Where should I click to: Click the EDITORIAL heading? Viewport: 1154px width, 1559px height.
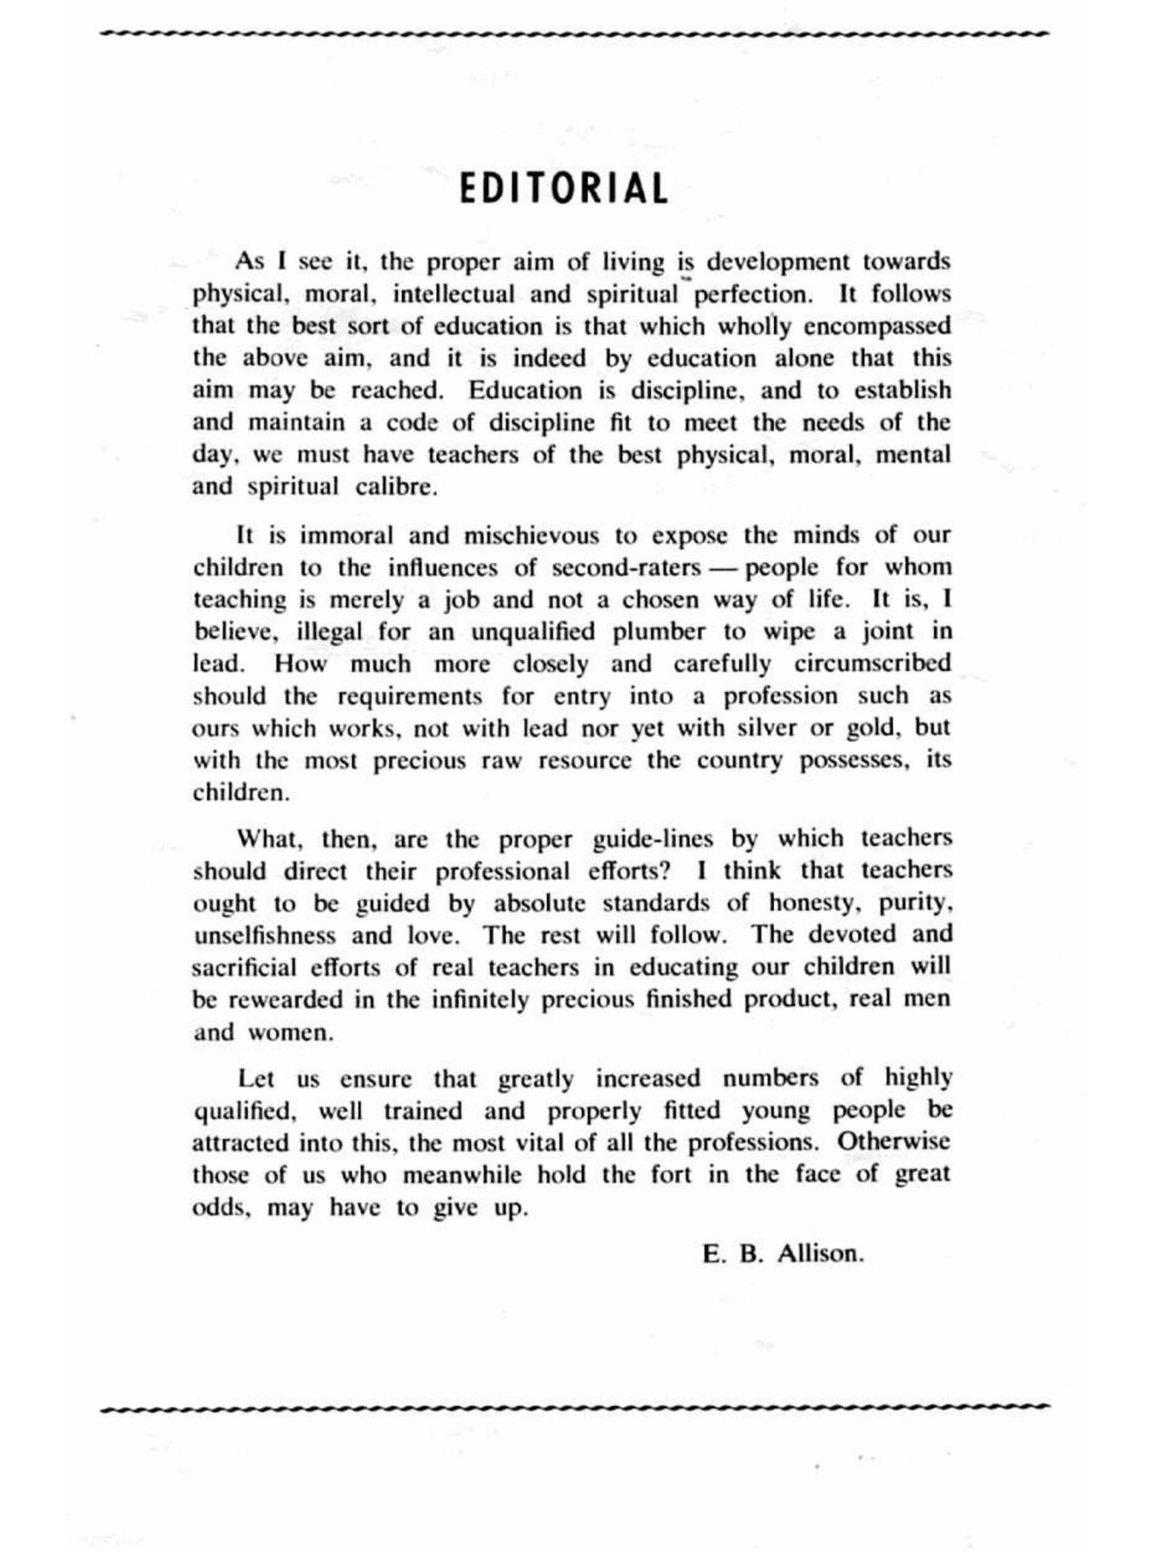click(564, 189)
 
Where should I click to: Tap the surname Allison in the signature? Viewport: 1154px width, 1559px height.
click(821, 1254)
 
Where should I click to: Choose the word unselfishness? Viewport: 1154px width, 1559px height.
click(264, 935)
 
